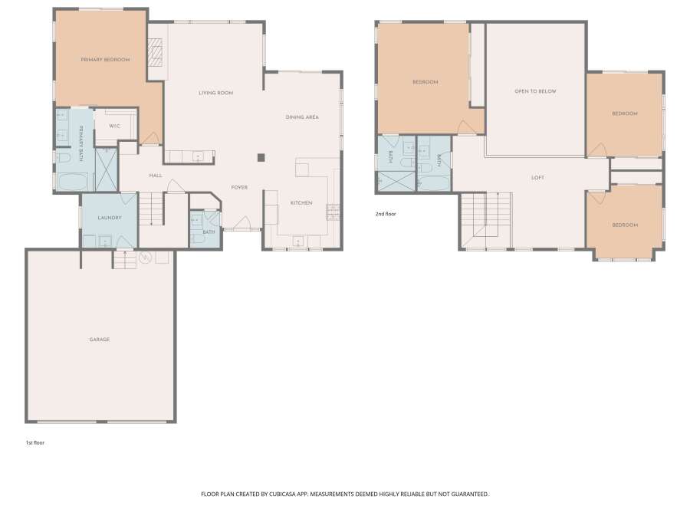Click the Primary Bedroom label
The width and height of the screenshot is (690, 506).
pyautogui.click(x=105, y=59)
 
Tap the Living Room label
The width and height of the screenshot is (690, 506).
pyautogui.click(x=215, y=93)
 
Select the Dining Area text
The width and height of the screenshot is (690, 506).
pyautogui.click(x=302, y=117)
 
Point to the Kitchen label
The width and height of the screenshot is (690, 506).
pyautogui.click(x=301, y=203)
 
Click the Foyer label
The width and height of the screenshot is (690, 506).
pyautogui.click(x=239, y=187)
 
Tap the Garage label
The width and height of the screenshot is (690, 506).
pyautogui.click(x=100, y=339)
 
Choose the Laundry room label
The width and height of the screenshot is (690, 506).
pyautogui.click(x=110, y=218)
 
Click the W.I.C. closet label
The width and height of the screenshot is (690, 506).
pyautogui.click(x=114, y=127)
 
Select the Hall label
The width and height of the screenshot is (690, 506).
pyautogui.click(x=156, y=176)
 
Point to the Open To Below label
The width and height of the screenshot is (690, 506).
pyautogui.click(x=536, y=91)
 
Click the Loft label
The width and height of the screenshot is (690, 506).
pyautogui.click(x=537, y=178)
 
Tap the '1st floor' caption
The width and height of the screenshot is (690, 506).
pyautogui.click(x=34, y=442)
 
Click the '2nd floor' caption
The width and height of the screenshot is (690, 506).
pyautogui.click(x=386, y=214)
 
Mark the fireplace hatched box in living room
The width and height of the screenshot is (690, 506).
pyautogui.click(x=154, y=52)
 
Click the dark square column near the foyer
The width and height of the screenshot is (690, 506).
pyautogui.click(x=261, y=157)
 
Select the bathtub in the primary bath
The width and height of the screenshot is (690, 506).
pyautogui.click(x=73, y=182)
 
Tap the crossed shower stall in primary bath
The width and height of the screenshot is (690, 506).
pyautogui.click(x=106, y=169)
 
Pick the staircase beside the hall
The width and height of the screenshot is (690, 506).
pyautogui.click(x=151, y=209)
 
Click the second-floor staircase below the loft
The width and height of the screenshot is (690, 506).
pyautogui.click(x=486, y=220)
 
